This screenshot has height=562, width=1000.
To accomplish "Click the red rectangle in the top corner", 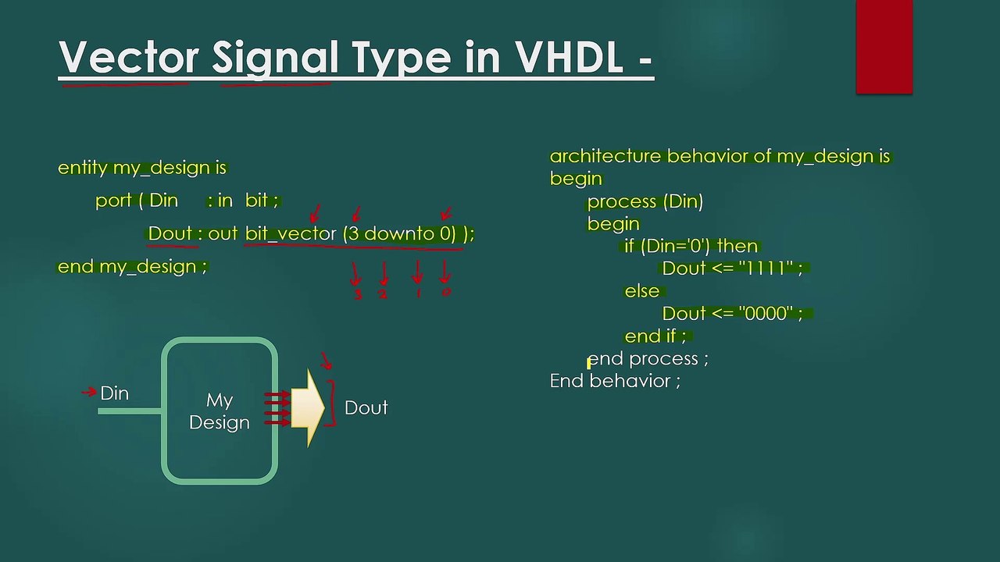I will pos(884,47).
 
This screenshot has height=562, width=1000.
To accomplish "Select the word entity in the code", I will pos(82,168).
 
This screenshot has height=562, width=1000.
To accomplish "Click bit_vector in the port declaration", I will pos(291,233).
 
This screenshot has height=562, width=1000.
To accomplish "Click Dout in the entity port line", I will pos(170,233).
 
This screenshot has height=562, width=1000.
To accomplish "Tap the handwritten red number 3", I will pos(358,295).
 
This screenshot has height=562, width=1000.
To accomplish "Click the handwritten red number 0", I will pos(446,293).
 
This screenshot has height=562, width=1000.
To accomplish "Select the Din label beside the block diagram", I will pos(114,393).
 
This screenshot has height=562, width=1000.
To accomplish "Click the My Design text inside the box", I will pos(220,411).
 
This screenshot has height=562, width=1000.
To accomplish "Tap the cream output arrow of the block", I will pos(308,408).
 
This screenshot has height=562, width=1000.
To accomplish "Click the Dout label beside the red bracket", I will pos(366,407).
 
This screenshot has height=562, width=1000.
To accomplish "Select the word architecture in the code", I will pos(605,156).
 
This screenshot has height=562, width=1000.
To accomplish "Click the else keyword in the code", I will pos(641,291).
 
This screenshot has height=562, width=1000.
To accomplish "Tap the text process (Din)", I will pos(645,201).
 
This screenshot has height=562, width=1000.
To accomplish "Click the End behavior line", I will pos(615,381).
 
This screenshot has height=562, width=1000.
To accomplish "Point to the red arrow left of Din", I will pos(89,392).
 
